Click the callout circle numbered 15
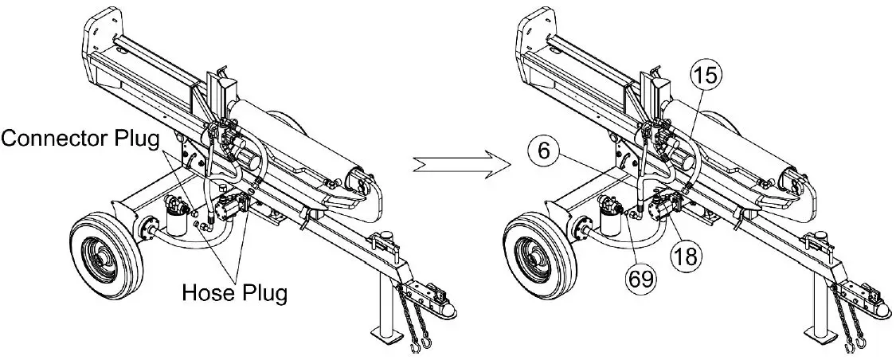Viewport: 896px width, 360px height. tap(706, 76)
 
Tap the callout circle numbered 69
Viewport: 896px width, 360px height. tap(643, 279)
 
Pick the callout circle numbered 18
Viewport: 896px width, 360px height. tap(684, 254)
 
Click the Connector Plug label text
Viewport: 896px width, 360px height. tap(82, 139)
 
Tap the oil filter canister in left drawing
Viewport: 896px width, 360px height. tap(173, 216)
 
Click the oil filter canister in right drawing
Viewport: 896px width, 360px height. tap(610, 216)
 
